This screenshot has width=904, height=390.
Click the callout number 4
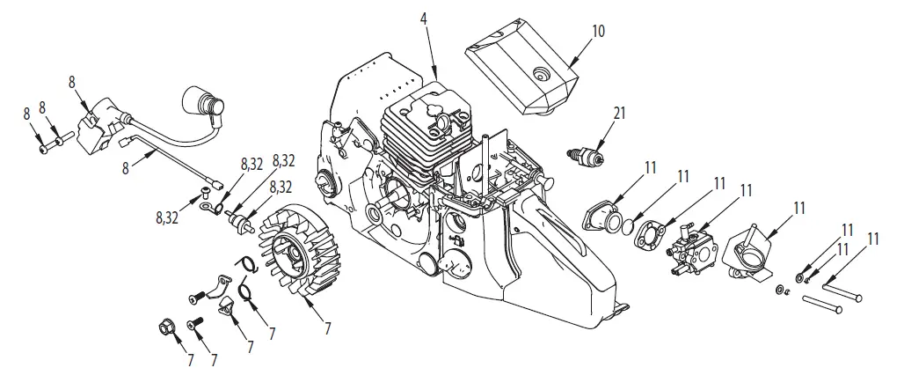coord(425,18)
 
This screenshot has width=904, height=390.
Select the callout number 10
coord(598,31)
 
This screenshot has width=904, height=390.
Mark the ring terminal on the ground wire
coord(208,209)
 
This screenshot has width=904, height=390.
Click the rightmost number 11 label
coord(874,238)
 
